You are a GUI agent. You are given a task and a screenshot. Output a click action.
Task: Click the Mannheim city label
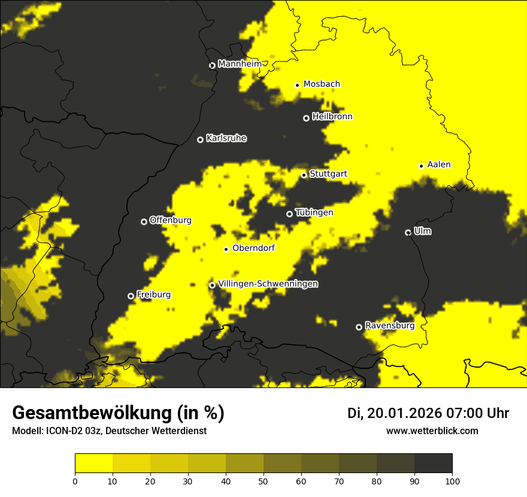coord(240,64)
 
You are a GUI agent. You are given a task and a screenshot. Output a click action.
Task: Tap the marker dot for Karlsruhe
coord(200,140)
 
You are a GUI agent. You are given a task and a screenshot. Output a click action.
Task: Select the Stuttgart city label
coord(328,174)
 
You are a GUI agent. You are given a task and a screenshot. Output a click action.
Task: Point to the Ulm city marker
coord(408,232)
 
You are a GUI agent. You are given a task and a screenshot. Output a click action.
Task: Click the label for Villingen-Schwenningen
coord(268,284)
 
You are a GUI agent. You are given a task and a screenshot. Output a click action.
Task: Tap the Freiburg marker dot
coord(131,296)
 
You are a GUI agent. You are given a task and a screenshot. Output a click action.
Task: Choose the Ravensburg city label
coord(389,326)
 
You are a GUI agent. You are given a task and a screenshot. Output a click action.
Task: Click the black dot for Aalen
coord(421,166)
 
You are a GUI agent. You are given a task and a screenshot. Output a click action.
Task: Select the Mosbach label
coord(322,84)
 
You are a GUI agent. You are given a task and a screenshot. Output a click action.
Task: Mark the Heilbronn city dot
coord(306,118)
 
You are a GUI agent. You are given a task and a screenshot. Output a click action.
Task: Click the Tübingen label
coord(314,213)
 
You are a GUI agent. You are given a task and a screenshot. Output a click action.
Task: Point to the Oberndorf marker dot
coord(226,249)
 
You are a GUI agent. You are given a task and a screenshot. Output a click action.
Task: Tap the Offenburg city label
coord(171,220)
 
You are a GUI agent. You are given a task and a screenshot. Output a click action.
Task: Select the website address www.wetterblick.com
coord(432,431)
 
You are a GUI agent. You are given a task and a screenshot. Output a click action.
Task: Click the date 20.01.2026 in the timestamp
coord(404,413)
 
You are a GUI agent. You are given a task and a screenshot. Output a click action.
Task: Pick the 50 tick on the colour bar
coord(263,480)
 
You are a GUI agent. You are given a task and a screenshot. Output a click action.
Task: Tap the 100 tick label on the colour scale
coord(452,480)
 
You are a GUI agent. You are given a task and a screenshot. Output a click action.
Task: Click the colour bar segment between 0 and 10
coord(94,463)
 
